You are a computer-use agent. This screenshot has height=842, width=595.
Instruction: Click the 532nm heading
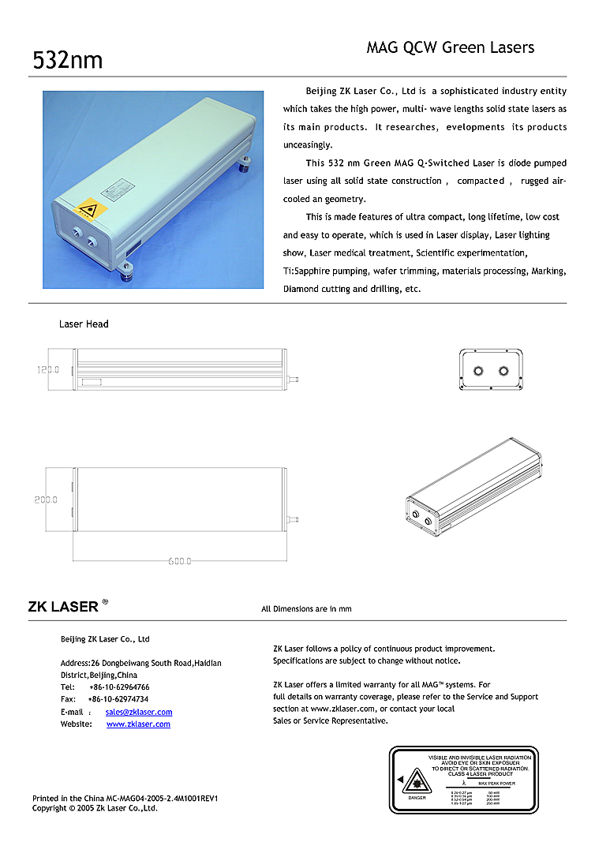click(67, 60)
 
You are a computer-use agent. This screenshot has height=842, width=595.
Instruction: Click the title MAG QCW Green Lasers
click(450, 47)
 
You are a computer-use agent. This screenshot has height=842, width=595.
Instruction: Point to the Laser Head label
click(84, 324)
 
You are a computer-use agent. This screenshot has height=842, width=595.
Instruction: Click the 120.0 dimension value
click(48, 369)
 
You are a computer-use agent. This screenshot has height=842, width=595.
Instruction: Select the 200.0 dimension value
click(46, 500)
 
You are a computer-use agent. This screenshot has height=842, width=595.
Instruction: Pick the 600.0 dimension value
click(179, 561)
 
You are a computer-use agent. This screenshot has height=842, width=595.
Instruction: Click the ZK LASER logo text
click(63, 607)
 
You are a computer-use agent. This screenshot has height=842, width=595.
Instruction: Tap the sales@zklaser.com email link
click(138, 712)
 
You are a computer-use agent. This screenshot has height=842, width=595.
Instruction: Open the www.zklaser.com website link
click(138, 724)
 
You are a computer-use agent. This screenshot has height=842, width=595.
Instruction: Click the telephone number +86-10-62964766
click(118, 687)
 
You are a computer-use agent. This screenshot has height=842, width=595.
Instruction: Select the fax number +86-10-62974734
click(118, 699)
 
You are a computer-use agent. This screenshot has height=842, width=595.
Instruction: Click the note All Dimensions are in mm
click(306, 608)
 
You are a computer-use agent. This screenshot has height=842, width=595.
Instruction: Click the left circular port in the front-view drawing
click(478, 370)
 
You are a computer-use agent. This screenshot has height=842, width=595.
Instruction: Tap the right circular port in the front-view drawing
click(503, 370)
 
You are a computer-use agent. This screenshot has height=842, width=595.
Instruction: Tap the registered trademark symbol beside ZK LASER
click(105, 602)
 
